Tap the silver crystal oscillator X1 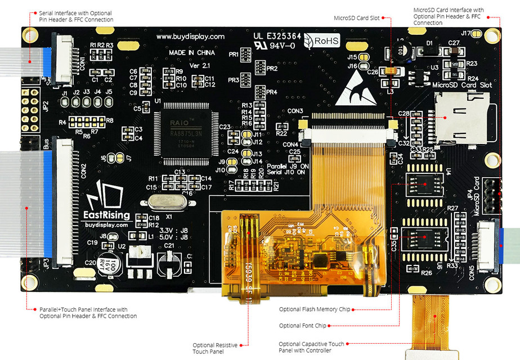163,203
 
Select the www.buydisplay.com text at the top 190,37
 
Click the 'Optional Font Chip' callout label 302,326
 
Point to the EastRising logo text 107,215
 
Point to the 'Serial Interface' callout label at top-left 75,16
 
